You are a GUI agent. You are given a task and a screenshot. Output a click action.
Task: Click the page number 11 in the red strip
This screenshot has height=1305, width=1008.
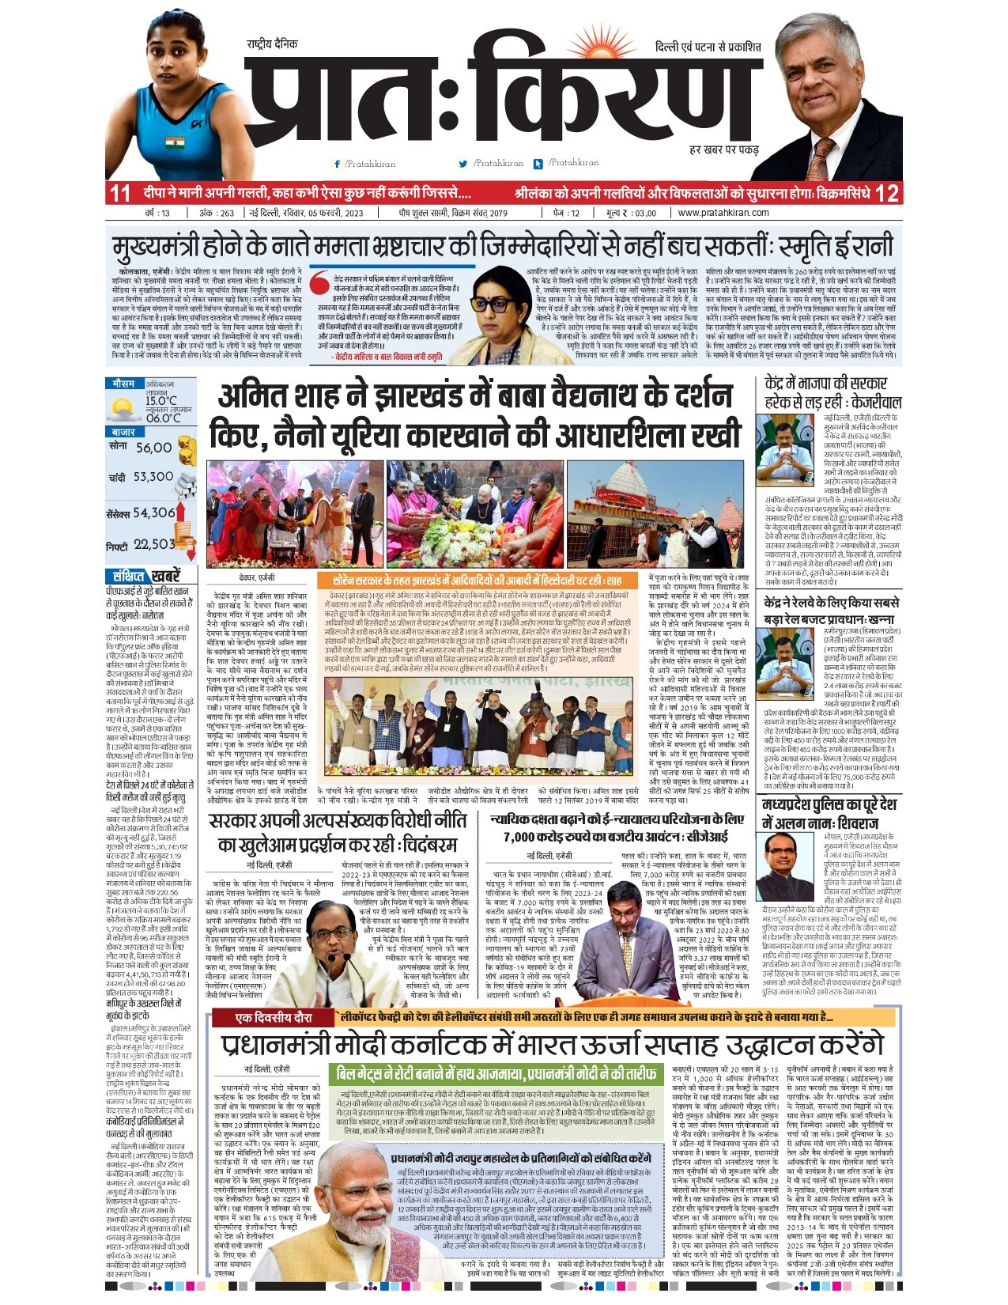(x=120, y=193)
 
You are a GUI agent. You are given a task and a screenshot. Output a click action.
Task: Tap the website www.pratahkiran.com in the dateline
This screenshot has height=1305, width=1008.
(x=723, y=213)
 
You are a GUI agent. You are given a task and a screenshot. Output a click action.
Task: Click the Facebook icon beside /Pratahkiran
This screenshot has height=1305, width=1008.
(x=338, y=164)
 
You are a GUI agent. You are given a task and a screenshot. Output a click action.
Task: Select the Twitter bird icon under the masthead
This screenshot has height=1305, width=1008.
(x=463, y=164)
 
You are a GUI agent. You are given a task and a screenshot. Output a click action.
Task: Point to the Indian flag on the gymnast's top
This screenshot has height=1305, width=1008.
(x=176, y=142)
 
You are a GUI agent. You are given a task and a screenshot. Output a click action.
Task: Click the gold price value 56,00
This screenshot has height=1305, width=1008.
(x=153, y=448)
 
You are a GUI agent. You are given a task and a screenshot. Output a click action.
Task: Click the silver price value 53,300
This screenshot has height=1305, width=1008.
(x=153, y=477)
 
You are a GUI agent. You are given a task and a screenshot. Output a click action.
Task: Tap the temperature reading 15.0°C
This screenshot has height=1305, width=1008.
(x=161, y=401)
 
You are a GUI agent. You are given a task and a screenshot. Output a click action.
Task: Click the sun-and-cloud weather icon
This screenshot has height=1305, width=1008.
(x=124, y=410)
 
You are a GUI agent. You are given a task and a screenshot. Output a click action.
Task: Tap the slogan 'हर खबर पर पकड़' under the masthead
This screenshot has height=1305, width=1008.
(x=723, y=149)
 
